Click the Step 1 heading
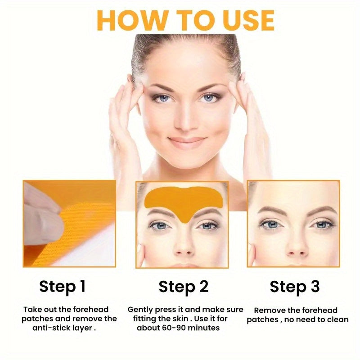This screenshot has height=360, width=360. pyautogui.click(x=63, y=286)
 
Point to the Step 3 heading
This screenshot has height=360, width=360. pyautogui.click(x=295, y=287)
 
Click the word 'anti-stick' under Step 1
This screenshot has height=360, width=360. pyautogui.click(x=50, y=328)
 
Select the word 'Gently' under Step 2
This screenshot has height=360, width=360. pyautogui.click(x=140, y=310)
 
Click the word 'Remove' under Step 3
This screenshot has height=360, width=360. pyautogui.click(x=269, y=310)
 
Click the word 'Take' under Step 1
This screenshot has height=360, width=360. pyautogui.click(x=32, y=310)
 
